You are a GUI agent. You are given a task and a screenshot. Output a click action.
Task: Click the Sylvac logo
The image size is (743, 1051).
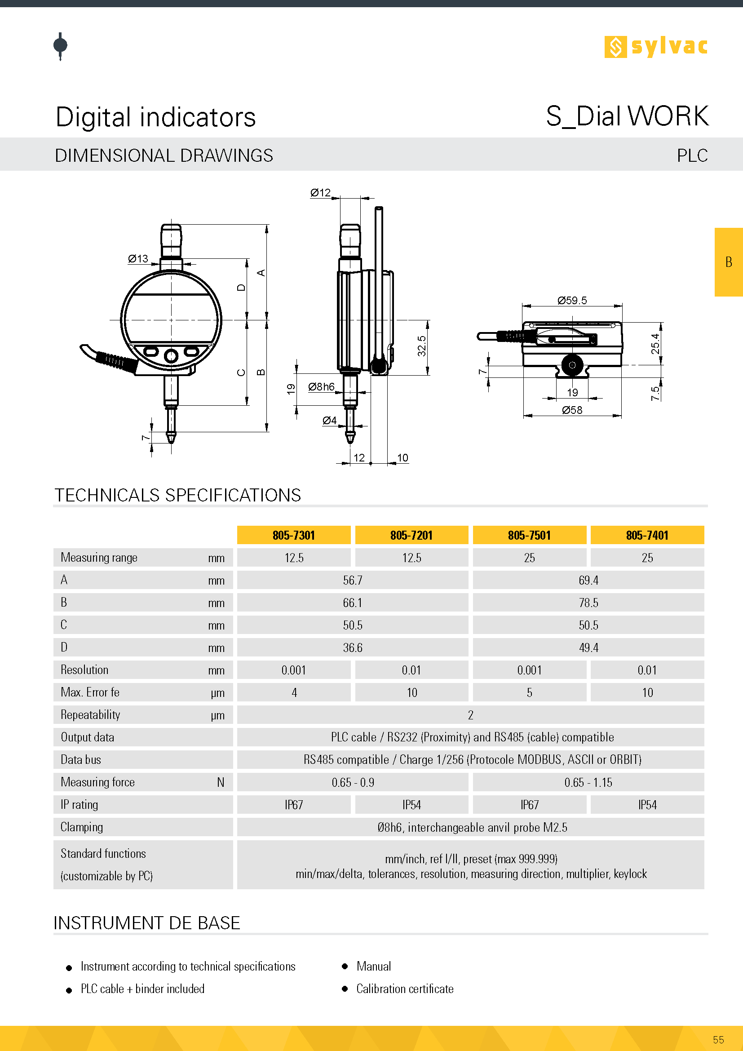pyautogui.click(x=655, y=47)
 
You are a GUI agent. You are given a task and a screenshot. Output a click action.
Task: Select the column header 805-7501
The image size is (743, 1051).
pyautogui.click(x=529, y=535)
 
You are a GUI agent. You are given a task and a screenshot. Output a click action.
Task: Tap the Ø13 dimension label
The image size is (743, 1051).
pyautogui.click(x=138, y=259)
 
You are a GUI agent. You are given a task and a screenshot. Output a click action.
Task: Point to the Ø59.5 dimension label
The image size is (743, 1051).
pyautogui.click(x=571, y=300)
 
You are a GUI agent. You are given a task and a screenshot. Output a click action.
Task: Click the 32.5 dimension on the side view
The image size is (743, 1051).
pyautogui.click(x=421, y=346)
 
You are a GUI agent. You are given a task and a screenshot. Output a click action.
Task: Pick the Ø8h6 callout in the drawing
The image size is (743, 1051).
pyautogui.click(x=321, y=387)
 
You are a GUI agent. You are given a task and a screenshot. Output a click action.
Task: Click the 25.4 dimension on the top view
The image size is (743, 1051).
pyautogui.click(x=655, y=343)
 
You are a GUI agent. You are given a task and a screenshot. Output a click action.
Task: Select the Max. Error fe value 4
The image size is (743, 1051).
pyautogui.click(x=294, y=692)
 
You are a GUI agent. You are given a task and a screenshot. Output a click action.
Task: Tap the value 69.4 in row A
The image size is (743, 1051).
pyautogui.click(x=588, y=581)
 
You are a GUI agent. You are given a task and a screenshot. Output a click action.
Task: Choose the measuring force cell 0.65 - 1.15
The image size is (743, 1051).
pyautogui.click(x=588, y=782)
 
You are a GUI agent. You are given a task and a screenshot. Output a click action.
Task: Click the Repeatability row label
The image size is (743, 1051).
pyautogui.click(x=90, y=715)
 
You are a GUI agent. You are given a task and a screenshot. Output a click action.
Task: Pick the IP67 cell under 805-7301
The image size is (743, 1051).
pyautogui.click(x=294, y=805)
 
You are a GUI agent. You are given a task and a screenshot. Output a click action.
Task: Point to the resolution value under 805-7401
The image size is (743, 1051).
pyautogui.click(x=647, y=670)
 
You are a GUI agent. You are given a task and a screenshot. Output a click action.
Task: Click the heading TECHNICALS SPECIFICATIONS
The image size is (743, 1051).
pyautogui.click(x=177, y=495)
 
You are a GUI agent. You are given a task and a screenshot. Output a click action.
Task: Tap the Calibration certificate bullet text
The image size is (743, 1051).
pyautogui.click(x=404, y=989)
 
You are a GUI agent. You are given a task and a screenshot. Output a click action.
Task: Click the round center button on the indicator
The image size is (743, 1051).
pyautogui.click(x=171, y=355)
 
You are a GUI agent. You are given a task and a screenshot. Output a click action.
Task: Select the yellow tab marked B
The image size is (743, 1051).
pyautogui.click(x=728, y=262)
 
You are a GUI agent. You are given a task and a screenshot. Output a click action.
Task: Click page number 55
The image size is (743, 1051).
pyautogui.click(x=718, y=1040)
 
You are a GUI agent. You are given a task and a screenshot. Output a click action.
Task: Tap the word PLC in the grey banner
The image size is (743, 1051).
pyautogui.click(x=692, y=155)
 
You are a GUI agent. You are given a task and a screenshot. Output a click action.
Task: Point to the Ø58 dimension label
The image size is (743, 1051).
pyautogui.click(x=572, y=410)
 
